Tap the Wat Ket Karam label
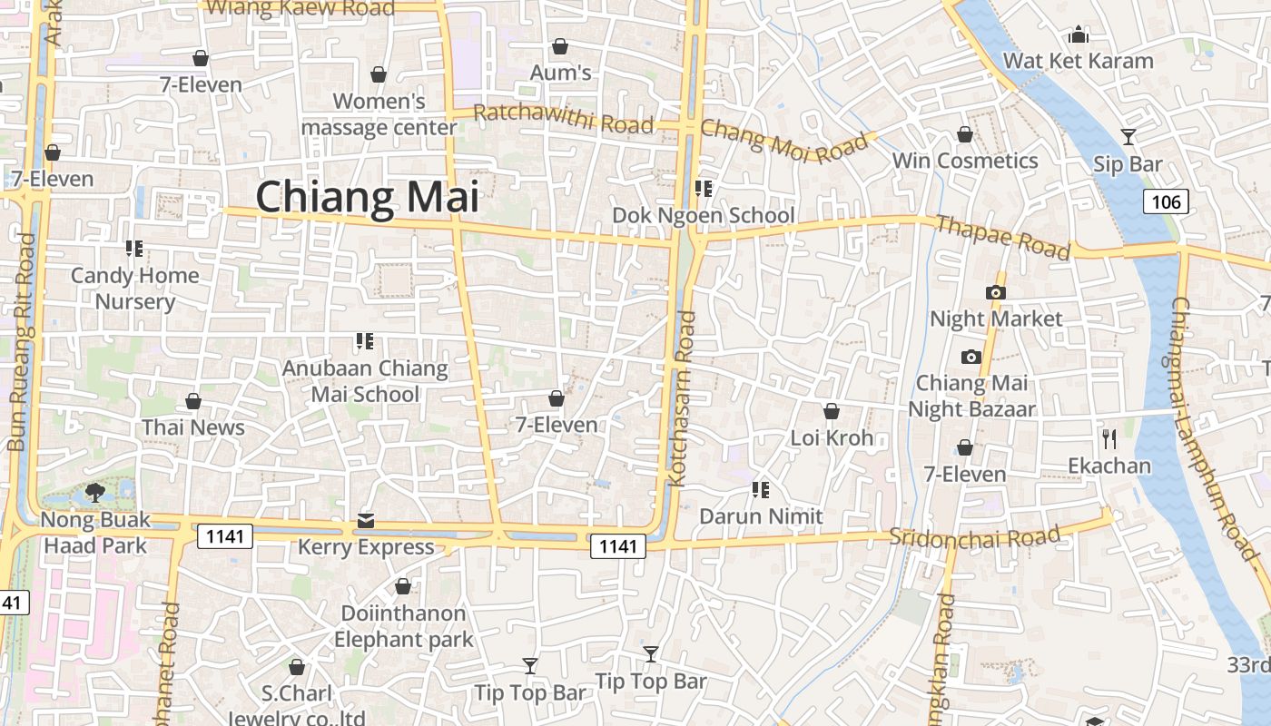(x=1078, y=61)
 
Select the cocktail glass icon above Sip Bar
(x=1128, y=137)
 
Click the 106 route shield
(x=1166, y=201)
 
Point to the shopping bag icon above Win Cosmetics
(x=964, y=135)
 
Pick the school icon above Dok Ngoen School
(x=703, y=189)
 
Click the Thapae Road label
(x=1002, y=237)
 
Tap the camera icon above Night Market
(x=996, y=292)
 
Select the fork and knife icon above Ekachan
(x=1108, y=439)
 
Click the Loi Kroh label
(x=832, y=438)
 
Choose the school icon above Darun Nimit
(x=761, y=490)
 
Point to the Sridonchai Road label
(x=974, y=536)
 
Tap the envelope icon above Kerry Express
(x=365, y=521)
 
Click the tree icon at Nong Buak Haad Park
(x=94, y=493)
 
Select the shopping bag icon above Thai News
(x=193, y=401)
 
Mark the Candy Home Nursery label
(x=134, y=289)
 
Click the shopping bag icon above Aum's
(x=560, y=46)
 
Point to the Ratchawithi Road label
(x=563, y=118)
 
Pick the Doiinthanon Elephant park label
(x=403, y=626)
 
